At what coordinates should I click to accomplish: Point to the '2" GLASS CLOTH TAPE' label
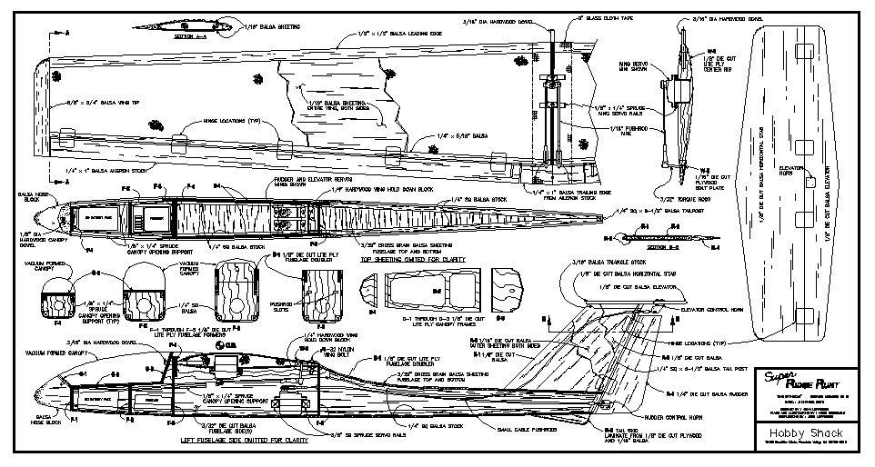pyautogui.click(x=581, y=17)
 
